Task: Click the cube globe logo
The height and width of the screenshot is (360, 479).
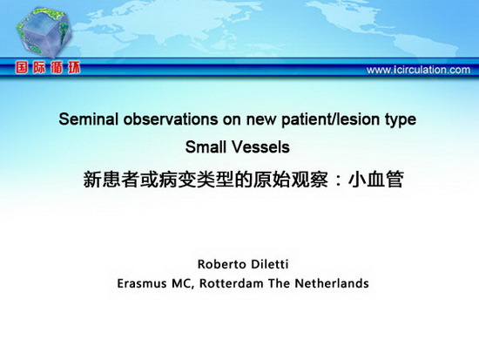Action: click(44, 32)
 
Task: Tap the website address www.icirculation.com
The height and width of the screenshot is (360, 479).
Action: click(418, 70)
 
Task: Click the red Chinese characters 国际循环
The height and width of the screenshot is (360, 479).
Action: click(48, 68)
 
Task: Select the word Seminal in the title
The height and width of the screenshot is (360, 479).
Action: click(88, 119)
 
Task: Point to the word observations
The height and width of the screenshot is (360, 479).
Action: click(171, 119)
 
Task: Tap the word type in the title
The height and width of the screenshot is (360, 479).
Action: click(401, 120)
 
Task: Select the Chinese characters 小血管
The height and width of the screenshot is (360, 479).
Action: click(376, 180)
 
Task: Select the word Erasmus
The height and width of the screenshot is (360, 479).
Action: click(142, 283)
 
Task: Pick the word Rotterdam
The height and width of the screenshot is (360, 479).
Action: click(232, 283)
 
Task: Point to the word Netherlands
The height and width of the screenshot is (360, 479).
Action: click(332, 283)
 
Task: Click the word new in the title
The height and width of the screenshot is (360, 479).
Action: click(261, 120)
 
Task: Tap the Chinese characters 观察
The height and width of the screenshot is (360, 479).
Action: click(309, 180)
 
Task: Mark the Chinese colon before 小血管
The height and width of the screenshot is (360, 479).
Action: click(338, 180)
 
